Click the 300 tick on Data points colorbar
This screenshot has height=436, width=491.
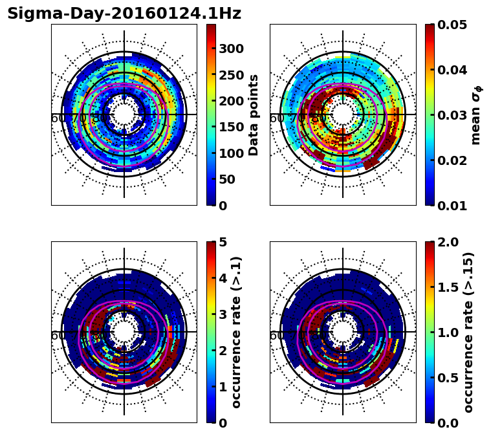pos(231,49)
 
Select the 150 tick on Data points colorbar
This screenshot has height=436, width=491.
pos(231,127)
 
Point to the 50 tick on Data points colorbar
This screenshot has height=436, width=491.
pos(228,180)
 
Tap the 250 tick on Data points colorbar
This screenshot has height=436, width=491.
pos(231,75)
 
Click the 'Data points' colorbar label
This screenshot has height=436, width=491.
pos(254,114)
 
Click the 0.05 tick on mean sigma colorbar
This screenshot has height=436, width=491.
pos(452,25)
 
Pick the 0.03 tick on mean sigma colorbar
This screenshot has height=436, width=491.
pos(452,115)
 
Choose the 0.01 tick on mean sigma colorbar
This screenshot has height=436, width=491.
pos(452,206)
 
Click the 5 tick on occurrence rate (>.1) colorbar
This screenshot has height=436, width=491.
pos(223,242)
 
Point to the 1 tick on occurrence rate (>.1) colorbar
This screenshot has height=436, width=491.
pos(223,387)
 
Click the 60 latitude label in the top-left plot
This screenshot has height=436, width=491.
pos(58,118)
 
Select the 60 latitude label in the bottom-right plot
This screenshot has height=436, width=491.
pos(276,336)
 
